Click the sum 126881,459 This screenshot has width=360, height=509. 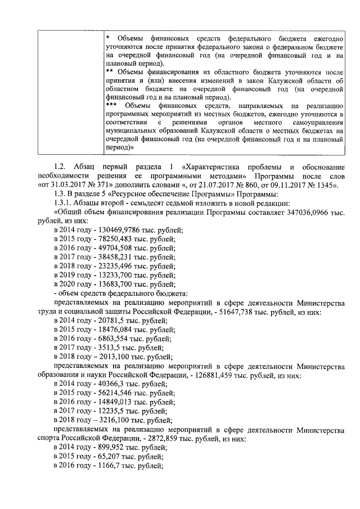[x=251, y=373]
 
